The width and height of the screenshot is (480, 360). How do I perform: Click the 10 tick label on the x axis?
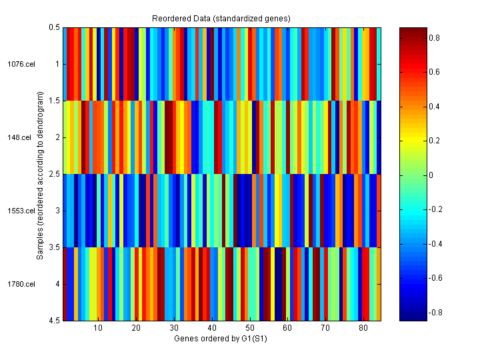click(x=98, y=328)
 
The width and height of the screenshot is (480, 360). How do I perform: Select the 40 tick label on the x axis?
click(x=212, y=328)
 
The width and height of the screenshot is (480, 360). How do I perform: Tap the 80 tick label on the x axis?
click(x=363, y=328)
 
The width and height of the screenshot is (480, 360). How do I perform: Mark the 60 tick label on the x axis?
click(x=287, y=328)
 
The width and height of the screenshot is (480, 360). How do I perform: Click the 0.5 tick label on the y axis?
click(x=55, y=27)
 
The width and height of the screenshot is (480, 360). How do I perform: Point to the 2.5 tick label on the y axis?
click(x=55, y=174)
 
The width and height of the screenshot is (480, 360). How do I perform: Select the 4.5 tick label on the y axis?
click(x=55, y=321)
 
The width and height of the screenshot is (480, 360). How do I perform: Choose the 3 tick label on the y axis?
click(x=57, y=211)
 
